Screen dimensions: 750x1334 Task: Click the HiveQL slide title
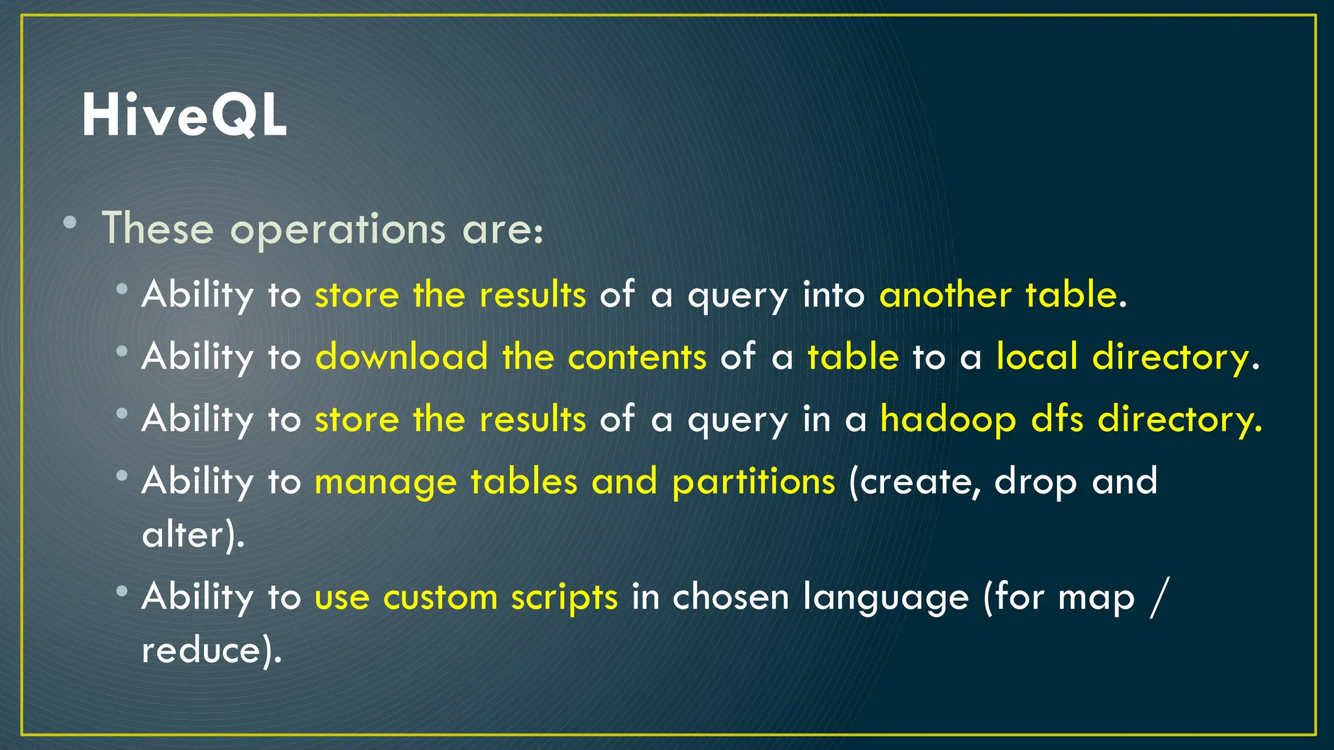click(x=184, y=116)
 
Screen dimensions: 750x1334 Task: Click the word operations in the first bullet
click(x=337, y=230)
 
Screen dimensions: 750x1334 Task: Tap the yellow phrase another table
click(x=999, y=294)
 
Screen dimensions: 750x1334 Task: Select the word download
click(x=401, y=357)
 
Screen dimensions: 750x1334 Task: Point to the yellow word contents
click(x=636, y=357)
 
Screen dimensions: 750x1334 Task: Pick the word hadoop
click(x=948, y=419)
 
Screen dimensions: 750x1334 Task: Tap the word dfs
click(x=1057, y=419)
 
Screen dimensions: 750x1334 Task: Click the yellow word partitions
click(x=753, y=482)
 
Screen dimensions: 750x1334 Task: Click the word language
click(x=885, y=597)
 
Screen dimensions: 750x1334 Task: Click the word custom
click(x=440, y=597)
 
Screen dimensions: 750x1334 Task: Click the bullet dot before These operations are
click(x=70, y=223)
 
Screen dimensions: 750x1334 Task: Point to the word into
click(x=833, y=294)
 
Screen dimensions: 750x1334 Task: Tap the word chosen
click(x=730, y=597)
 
